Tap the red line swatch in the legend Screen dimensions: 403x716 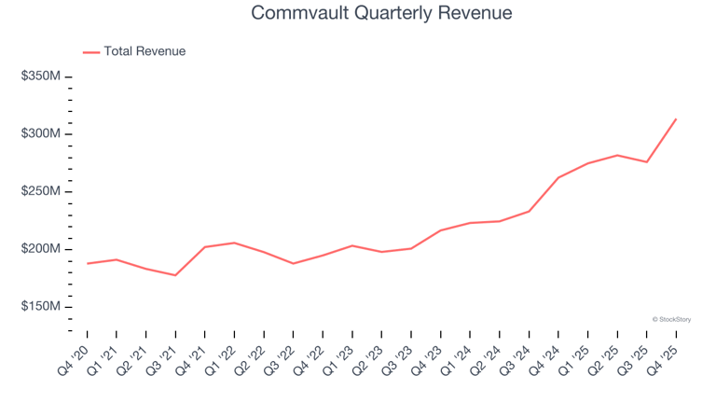click(90, 52)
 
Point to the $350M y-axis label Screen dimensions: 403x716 click(40, 76)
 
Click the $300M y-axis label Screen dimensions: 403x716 click(40, 134)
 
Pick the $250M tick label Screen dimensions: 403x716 click(40, 192)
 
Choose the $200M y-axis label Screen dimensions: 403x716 click(40, 249)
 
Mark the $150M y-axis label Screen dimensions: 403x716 click(40, 307)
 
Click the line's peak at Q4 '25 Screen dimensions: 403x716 click(676, 119)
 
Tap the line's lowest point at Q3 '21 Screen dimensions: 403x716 click(175, 275)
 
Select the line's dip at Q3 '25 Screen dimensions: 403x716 click(646, 162)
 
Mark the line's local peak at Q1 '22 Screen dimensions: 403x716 click(234, 243)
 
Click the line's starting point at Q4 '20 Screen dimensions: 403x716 click(88, 263)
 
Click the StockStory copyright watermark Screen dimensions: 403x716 click(671, 319)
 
